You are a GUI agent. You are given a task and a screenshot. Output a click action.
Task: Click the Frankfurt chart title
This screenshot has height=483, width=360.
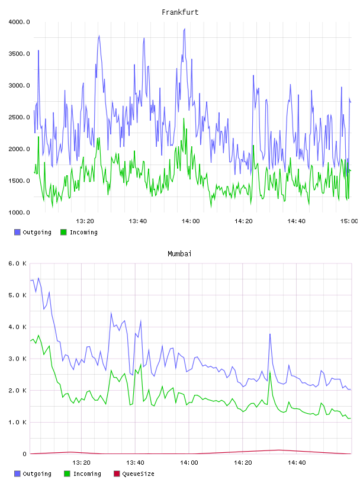[x=180, y=12]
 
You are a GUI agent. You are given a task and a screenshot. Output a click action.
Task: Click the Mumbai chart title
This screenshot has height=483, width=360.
[x=179, y=254]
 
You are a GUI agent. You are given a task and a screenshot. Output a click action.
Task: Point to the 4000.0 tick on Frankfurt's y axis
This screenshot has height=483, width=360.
[x=19, y=22]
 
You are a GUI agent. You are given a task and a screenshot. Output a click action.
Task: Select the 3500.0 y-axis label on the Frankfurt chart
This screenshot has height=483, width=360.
[x=19, y=54]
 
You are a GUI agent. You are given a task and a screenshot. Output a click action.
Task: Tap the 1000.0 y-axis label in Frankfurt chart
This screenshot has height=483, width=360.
[x=19, y=212]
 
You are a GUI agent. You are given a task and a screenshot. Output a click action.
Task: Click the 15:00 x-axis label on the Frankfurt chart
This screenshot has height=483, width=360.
[x=349, y=221]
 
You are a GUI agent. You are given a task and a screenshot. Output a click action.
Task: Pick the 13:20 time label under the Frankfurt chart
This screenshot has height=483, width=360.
[x=85, y=221]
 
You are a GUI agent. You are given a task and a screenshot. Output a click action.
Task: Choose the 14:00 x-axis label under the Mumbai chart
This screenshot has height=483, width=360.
[x=189, y=463]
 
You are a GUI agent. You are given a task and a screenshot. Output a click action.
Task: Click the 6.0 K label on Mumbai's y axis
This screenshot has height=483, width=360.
[x=18, y=263]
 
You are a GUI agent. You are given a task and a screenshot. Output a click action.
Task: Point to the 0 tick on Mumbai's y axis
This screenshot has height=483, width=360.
[x=24, y=454]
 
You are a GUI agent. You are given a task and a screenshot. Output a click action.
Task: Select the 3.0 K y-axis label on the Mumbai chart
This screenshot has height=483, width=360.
[x=18, y=359]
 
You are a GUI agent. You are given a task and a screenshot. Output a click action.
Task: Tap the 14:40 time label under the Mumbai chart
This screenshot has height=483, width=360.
[x=297, y=463]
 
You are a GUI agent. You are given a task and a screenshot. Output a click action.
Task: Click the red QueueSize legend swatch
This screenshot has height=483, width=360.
[x=117, y=474]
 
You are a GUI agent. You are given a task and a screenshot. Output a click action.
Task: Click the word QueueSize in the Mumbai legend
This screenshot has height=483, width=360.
[x=138, y=474]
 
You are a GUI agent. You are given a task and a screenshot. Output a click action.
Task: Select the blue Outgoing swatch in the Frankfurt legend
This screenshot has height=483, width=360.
[x=17, y=232]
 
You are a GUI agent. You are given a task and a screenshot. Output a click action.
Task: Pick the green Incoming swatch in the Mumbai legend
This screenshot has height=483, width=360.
[x=67, y=474]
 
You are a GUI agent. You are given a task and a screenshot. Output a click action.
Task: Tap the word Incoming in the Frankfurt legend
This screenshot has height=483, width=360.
[x=83, y=233]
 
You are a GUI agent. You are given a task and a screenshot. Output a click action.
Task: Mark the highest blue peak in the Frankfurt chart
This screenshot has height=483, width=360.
[x=185, y=28]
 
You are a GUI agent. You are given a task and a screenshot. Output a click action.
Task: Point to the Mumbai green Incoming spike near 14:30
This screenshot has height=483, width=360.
[x=270, y=372]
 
